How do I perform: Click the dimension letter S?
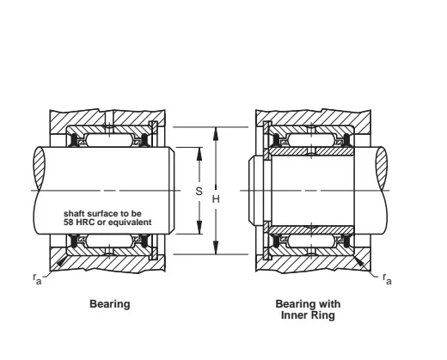199,191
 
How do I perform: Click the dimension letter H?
216,199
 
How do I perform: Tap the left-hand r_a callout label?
37,278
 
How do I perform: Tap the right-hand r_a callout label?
387,278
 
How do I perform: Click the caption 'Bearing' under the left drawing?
110,304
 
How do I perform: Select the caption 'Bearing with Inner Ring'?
308,309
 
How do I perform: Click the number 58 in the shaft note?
68,223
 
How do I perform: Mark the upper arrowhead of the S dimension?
199,154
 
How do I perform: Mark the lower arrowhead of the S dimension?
199,228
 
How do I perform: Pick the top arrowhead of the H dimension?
216,133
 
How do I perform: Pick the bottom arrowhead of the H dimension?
216,247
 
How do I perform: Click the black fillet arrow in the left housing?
62,261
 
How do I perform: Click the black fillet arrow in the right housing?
359,261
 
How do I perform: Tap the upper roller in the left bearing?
109,140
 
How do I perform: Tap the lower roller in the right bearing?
312,241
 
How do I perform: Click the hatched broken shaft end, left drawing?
40,168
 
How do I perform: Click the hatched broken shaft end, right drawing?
382,168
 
